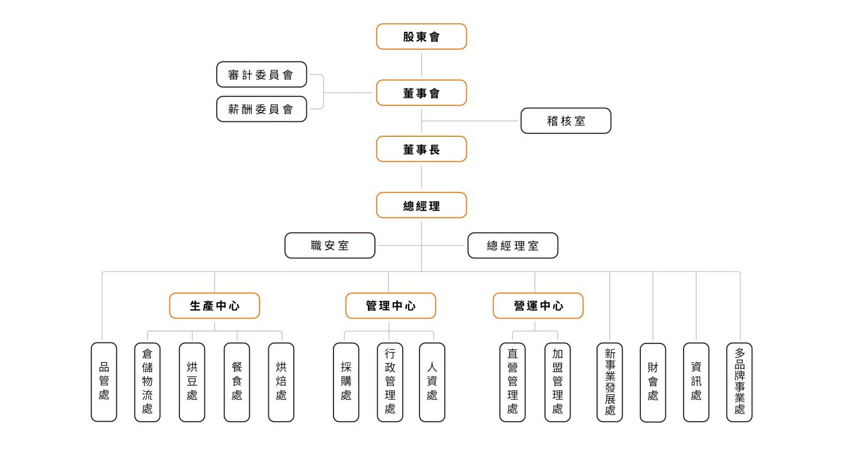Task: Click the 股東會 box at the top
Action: pos(421,37)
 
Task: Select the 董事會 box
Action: pos(421,93)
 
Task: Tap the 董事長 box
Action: pos(421,149)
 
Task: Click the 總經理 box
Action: pos(421,205)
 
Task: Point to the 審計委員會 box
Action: pos(261,75)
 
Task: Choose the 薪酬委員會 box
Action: pos(261,109)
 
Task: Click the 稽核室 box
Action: pos(566,121)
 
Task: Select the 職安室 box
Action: pos(330,245)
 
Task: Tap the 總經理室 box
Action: pos(513,245)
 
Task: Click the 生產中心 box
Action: pos(214,306)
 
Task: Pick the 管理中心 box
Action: pos(390,306)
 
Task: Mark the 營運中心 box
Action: pos(538,306)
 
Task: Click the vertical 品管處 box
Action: pos(104,382)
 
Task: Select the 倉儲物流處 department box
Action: pos(147,382)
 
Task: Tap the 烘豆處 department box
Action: pos(192,382)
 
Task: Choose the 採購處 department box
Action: pos(346,382)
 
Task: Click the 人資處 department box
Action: pos(432,382)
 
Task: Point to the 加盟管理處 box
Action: pos(557,382)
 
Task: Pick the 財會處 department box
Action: pos(653,382)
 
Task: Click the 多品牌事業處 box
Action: pos(739,382)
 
